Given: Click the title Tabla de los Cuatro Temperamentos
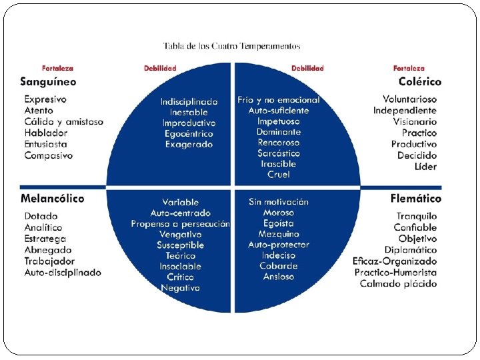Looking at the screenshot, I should pyautogui.click(x=232, y=46).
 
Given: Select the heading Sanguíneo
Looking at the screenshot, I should pyautogui.click(x=48, y=82).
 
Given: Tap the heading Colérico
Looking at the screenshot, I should pyautogui.click(x=420, y=82).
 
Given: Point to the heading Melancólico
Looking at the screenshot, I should pyautogui.click(x=52, y=199).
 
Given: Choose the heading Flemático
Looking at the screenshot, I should pyautogui.click(x=416, y=199).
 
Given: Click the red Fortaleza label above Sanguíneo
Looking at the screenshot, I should pyautogui.click(x=57, y=68).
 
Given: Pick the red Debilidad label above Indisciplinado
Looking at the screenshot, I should pyautogui.click(x=160, y=68).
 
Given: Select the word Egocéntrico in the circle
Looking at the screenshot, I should pyautogui.click(x=189, y=133).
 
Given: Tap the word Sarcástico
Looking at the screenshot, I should pyautogui.click(x=279, y=153).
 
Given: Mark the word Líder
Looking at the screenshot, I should pyautogui.click(x=425, y=167).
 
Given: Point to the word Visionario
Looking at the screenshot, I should pyautogui.click(x=415, y=122).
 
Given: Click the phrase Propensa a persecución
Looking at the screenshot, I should pyautogui.click(x=180, y=224).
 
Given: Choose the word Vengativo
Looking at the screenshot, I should pyautogui.click(x=180, y=235).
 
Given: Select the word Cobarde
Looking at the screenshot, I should pyautogui.click(x=279, y=266).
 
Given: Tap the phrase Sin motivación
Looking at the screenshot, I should pyautogui.click(x=279, y=202).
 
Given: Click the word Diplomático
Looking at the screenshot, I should pyautogui.click(x=411, y=250).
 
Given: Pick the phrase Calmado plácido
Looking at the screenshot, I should pyautogui.click(x=399, y=284).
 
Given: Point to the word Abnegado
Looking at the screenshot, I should pyautogui.click(x=48, y=250).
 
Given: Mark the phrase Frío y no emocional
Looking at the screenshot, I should pyautogui.click(x=279, y=100).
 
